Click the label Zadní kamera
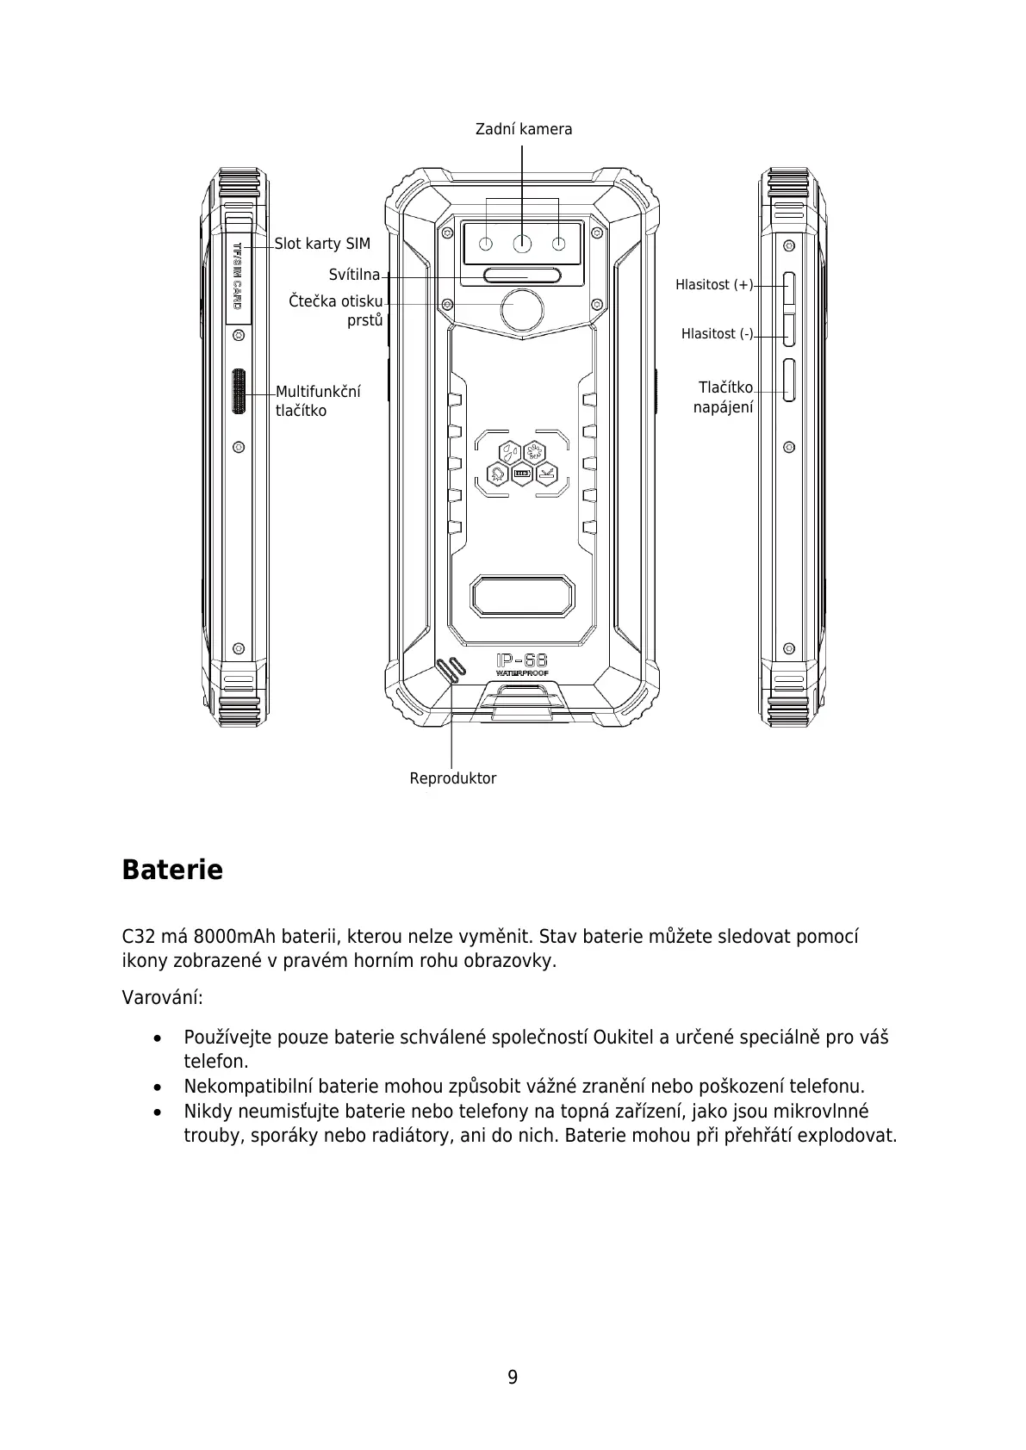(523, 129)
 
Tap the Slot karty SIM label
(322, 244)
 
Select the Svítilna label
(354, 275)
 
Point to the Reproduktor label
(452, 778)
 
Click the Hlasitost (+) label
(713, 285)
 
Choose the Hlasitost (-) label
(717, 333)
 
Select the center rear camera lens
(522, 245)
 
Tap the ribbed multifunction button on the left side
(239, 393)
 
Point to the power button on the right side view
(789, 381)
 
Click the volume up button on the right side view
(788, 289)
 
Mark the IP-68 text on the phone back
(522, 660)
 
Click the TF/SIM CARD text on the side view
(238, 276)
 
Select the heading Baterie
(172, 870)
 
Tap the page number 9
(513, 1378)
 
